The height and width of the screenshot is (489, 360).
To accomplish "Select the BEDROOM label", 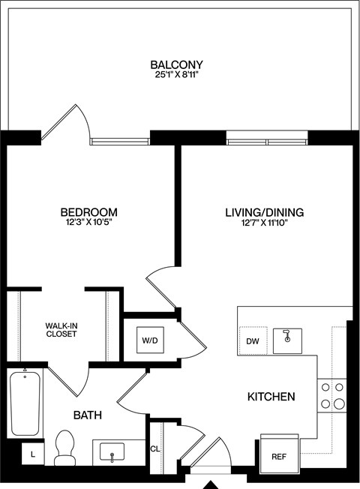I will tap(89, 211).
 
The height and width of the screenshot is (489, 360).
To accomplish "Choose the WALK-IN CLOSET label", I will tap(61, 329).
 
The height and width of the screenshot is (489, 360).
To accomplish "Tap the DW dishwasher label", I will tap(252, 341).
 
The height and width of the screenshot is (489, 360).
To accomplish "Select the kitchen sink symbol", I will tap(286, 340).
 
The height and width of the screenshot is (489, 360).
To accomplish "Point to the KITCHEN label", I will tap(271, 397).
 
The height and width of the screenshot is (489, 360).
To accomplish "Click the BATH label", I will tap(87, 415).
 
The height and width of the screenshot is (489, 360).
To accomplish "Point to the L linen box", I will tap(32, 454).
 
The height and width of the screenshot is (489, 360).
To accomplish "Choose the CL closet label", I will tap(155, 449).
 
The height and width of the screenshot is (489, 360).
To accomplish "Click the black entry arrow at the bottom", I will tap(213, 483).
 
